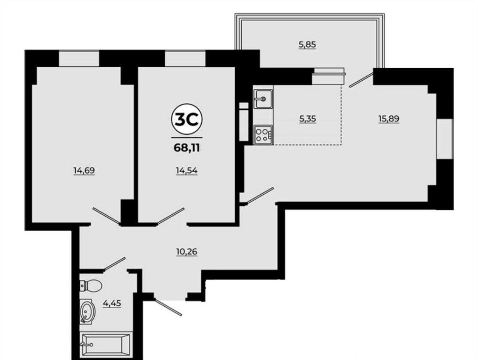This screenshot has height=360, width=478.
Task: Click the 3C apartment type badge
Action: (187, 120)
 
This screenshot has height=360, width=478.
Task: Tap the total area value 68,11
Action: (187, 148)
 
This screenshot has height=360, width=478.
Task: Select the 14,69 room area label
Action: (84, 170)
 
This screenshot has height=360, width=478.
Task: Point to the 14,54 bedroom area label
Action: (187, 171)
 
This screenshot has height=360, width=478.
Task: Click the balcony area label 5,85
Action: (307, 44)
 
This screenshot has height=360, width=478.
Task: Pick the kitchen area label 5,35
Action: (308, 119)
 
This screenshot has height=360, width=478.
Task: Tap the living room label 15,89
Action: (389, 118)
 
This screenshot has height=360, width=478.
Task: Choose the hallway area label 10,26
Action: (187, 252)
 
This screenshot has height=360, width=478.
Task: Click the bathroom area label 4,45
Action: (112, 304)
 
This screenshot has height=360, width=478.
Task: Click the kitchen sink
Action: (263, 99)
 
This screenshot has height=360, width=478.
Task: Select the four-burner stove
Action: (263, 134)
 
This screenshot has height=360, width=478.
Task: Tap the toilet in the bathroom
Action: (91, 286)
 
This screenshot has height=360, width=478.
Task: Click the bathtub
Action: (105, 345)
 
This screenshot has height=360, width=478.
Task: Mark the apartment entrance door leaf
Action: (168, 306)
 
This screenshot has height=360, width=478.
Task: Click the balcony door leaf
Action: (361, 79)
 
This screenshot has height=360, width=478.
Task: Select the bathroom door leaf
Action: (115, 264)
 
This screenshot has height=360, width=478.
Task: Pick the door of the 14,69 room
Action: (107, 217)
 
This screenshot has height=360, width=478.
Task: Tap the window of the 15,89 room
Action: (445, 139)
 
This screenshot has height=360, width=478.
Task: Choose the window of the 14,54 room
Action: (185, 58)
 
